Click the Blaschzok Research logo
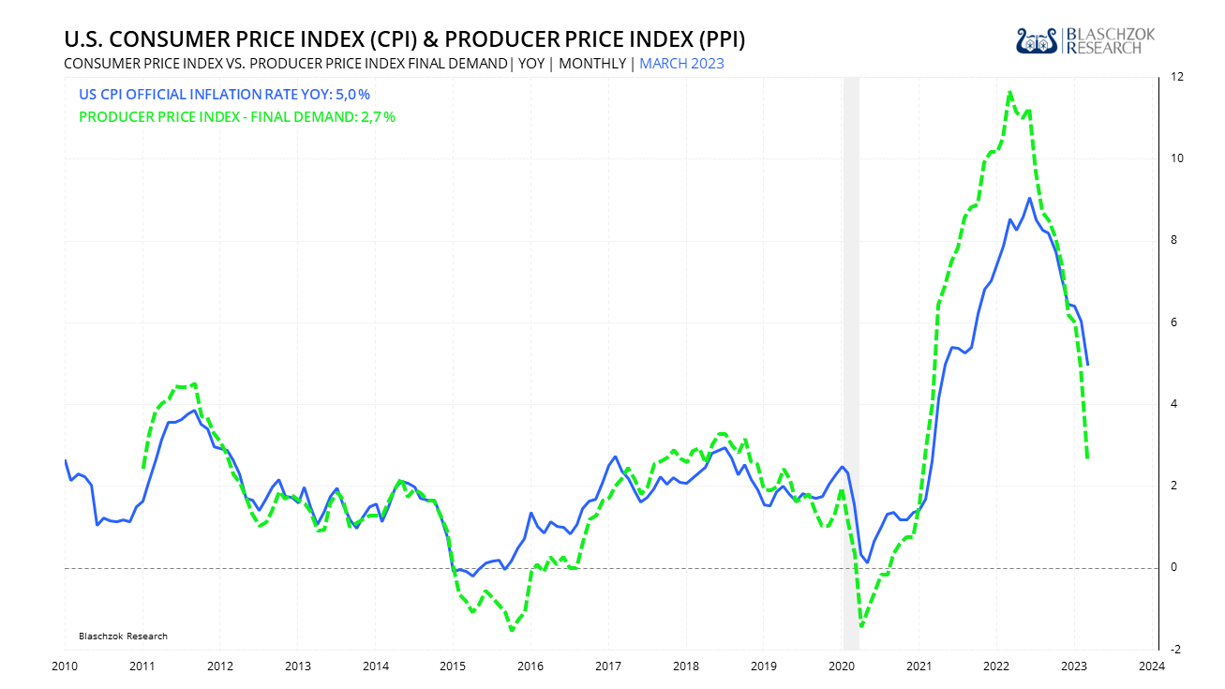point(1085,40)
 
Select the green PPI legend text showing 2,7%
point(237,117)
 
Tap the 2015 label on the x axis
point(453,666)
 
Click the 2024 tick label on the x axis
point(1151,666)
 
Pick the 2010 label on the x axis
point(65,666)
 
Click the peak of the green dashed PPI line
point(1009,92)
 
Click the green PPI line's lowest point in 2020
point(861,626)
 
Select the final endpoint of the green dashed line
point(1087,457)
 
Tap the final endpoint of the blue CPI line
point(1087,364)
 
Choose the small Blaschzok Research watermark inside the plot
point(123,637)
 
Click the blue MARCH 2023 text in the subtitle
point(681,64)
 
